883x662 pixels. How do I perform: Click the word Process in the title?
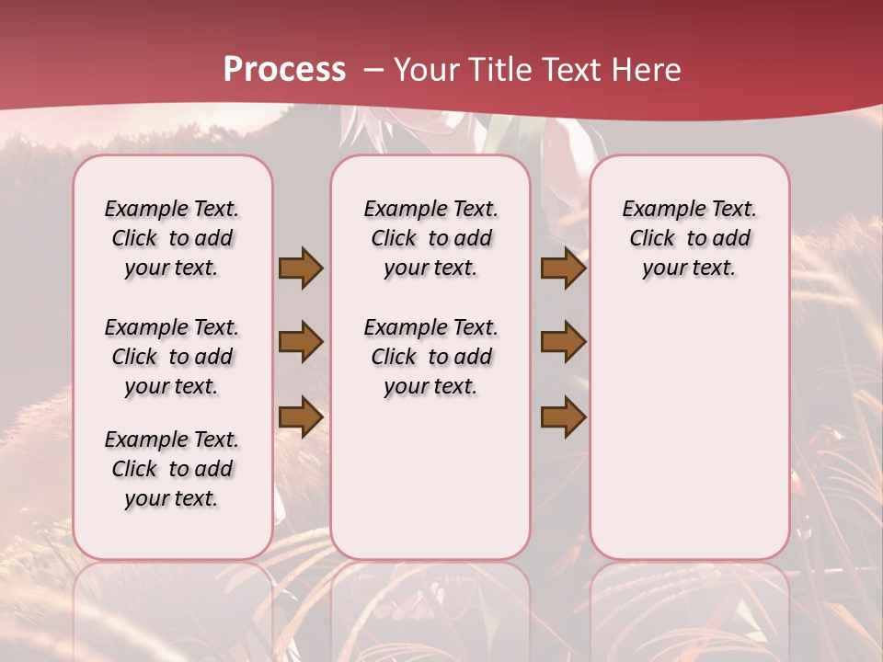pos(284,69)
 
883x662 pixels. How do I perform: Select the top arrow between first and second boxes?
pos(301,268)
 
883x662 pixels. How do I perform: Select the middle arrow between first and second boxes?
pos(301,342)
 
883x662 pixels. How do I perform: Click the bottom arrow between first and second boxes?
pos(301,417)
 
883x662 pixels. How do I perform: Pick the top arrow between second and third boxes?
pos(563,268)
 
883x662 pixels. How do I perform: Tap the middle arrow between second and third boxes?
pos(563,342)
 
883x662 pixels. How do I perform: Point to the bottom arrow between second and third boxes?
pos(563,417)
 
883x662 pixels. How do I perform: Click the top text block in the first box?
pos(172,238)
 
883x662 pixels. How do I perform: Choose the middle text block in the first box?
pos(172,357)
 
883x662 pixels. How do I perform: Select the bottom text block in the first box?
pos(172,469)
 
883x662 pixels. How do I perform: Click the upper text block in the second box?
pos(430,238)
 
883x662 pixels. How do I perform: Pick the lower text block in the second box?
pos(430,357)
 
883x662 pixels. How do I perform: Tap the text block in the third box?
pos(689,238)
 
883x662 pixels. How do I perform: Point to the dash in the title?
pos(373,69)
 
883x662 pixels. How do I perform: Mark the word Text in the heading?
pos(572,69)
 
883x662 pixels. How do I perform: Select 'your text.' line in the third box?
pos(689,268)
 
